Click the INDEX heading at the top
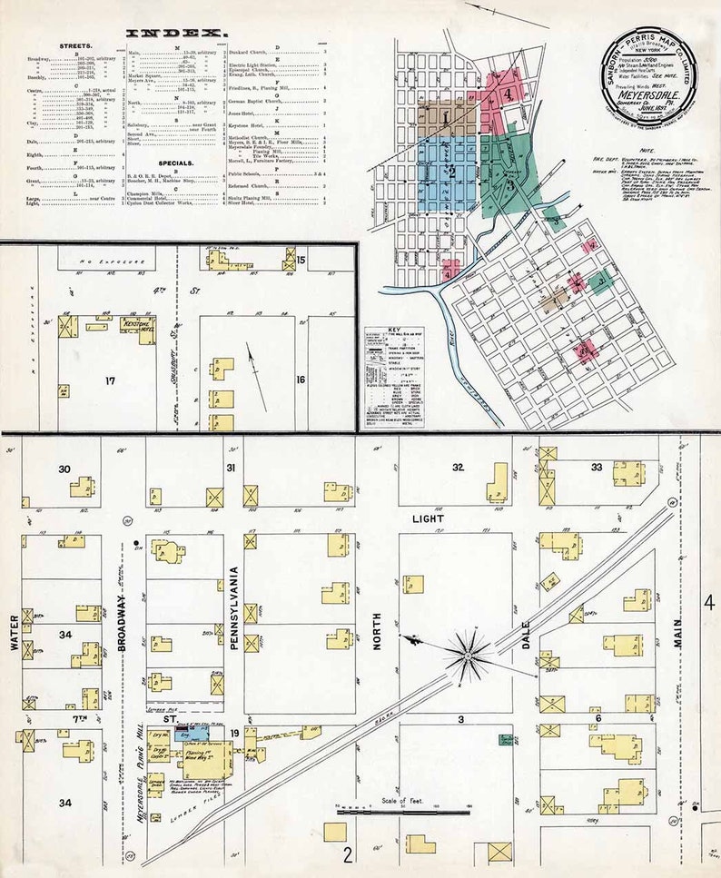(x=177, y=34)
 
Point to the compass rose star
(x=469, y=651)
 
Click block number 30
(x=64, y=469)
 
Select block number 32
(x=459, y=467)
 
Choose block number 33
(x=597, y=467)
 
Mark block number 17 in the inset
(x=110, y=380)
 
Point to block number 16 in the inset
(x=300, y=379)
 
